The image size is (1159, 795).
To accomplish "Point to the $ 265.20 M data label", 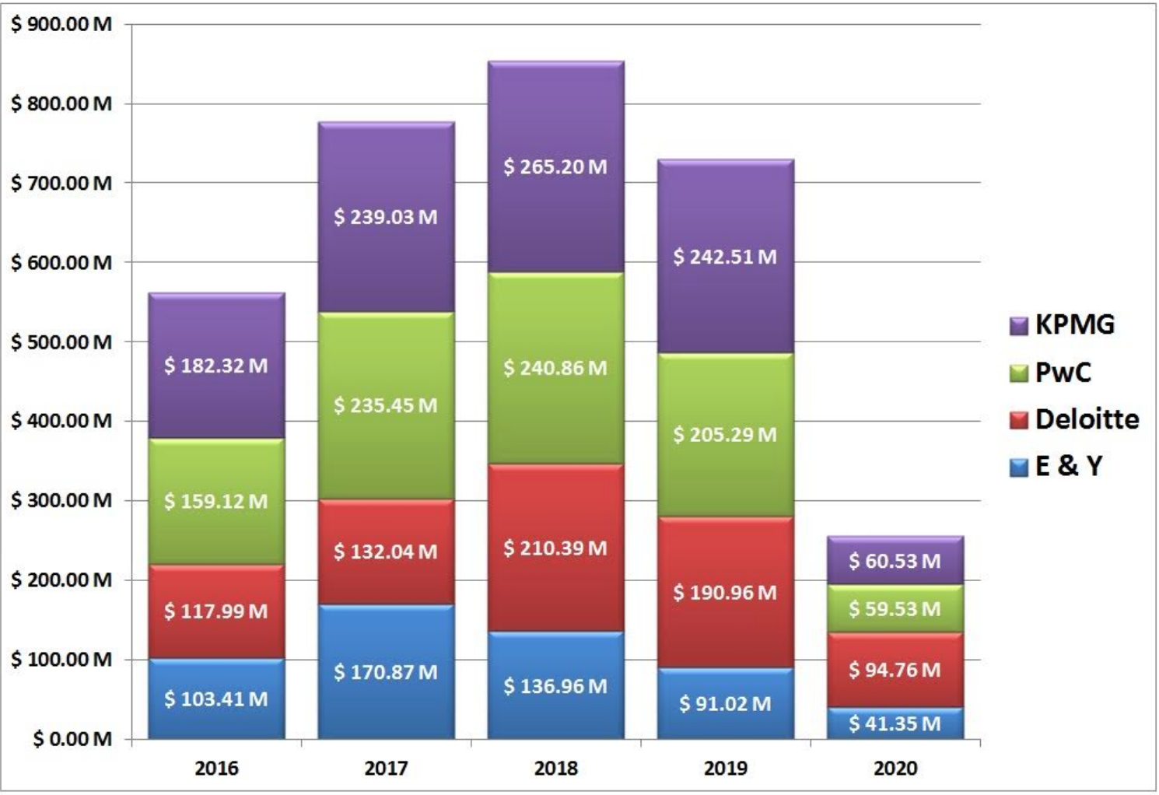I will pyautogui.click(x=555, y=166).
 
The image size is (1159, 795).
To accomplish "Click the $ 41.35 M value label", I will pyautogui.click(x=895, y=723).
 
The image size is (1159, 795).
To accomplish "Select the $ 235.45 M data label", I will pyautogui.click(x=386, y=405).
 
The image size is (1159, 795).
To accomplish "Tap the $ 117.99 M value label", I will pyautogui.click(x=216, y=611).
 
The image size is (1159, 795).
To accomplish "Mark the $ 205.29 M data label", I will pyautogui.click(x=725, y=434).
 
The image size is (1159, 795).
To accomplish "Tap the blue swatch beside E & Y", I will pyautogui.click(x=1019, y=468).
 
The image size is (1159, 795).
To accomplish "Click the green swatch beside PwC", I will pyautogui.click(x=1019, y=373).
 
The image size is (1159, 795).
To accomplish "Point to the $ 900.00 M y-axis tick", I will pyautogui.click(x=61, y=24).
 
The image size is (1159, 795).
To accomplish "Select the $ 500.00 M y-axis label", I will pyautogui.click(x=61, y=341).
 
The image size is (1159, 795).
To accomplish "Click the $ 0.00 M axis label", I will pyautogui.click(x=72, y=738).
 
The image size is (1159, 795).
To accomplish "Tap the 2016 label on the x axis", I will pyautogui.click(x=216, y=769).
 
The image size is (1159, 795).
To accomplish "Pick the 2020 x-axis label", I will pyautogui.click(x=895, y=769).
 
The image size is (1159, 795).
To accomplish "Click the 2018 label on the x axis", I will pyautogui.click(x=555, y=769).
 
